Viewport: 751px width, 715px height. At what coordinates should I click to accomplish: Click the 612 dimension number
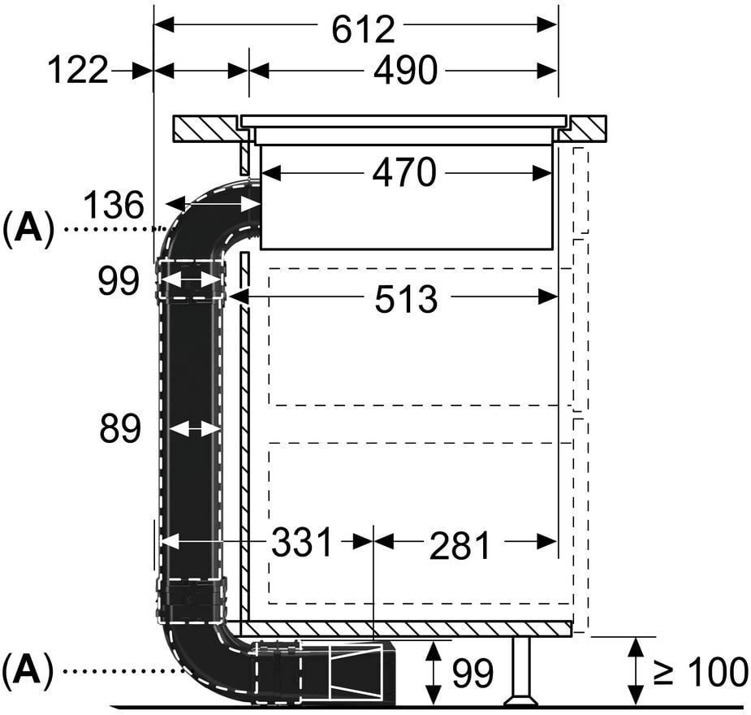coord(363,30)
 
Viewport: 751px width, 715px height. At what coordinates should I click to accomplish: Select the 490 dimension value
coord(405,71)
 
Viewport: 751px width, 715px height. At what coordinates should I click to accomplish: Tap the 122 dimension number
coord(78,71)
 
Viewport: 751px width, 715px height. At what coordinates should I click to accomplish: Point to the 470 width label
coord(404,172)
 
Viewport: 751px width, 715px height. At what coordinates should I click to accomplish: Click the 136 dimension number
coord(114,205)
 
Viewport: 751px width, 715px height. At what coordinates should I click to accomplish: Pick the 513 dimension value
coord(406,300)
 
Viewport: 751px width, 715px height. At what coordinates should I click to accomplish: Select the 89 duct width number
coord(120,428)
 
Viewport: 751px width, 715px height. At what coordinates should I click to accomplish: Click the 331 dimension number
coord(302,543)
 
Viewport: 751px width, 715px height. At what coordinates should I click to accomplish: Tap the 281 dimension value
coord(460,546)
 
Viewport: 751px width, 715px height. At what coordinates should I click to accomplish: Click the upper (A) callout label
coord(28,229)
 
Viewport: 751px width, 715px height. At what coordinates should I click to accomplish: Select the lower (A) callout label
coord(28,670)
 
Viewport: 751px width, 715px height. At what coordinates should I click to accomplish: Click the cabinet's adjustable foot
coord(521,671)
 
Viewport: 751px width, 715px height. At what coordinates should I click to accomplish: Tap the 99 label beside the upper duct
coord(119,280)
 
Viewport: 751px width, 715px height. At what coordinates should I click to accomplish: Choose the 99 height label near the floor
coord(473,674)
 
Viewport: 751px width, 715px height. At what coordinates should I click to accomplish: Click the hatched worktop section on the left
coord(207,128)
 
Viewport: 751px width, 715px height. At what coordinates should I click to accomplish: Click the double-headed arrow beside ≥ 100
coord(636,671)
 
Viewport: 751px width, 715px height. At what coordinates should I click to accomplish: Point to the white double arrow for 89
coord(195,429)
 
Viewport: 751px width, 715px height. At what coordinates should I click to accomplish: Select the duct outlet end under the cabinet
coord(363,674)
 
